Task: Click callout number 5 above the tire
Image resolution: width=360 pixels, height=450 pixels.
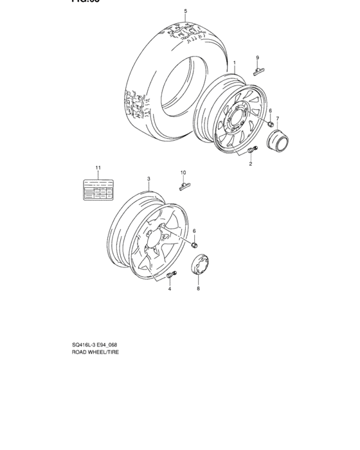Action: [185, 12]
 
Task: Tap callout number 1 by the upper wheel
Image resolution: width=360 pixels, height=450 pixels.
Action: [235, 64]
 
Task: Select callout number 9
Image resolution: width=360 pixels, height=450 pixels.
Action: [257, 57]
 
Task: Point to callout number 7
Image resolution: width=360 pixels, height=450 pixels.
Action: [278, 118]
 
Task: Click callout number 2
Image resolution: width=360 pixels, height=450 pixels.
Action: [250, 164]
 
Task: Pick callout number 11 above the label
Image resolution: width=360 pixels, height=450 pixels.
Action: [98, 168]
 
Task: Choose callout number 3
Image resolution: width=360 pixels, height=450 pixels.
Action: [148, 179]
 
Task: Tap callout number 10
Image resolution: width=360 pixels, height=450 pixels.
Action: [183, 172]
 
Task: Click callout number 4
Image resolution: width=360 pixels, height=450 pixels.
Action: [170, 289]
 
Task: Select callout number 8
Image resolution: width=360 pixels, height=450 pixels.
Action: [198, 289]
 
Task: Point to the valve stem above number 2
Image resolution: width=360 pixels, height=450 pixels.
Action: [251, 150]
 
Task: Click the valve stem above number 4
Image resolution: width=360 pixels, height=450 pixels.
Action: [171, 276]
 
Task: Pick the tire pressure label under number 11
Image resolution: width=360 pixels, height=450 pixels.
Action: [96, 190]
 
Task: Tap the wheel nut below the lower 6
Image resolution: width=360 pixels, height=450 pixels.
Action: [196, 244]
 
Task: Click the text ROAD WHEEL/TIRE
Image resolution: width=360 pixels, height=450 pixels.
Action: [96, 353]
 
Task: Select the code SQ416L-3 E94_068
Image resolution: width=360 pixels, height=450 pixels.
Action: [98, 345]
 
